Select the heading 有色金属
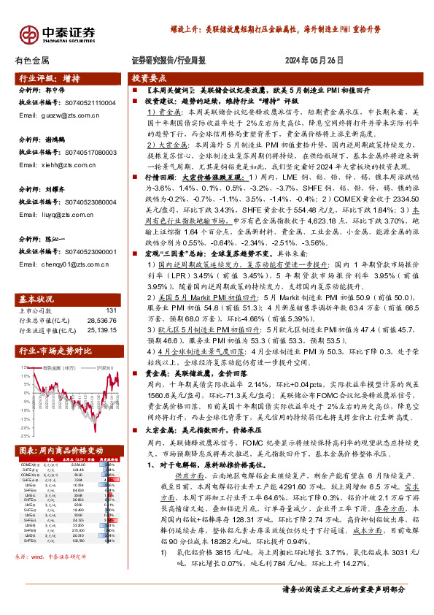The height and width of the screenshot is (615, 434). click(x=32, y=61)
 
